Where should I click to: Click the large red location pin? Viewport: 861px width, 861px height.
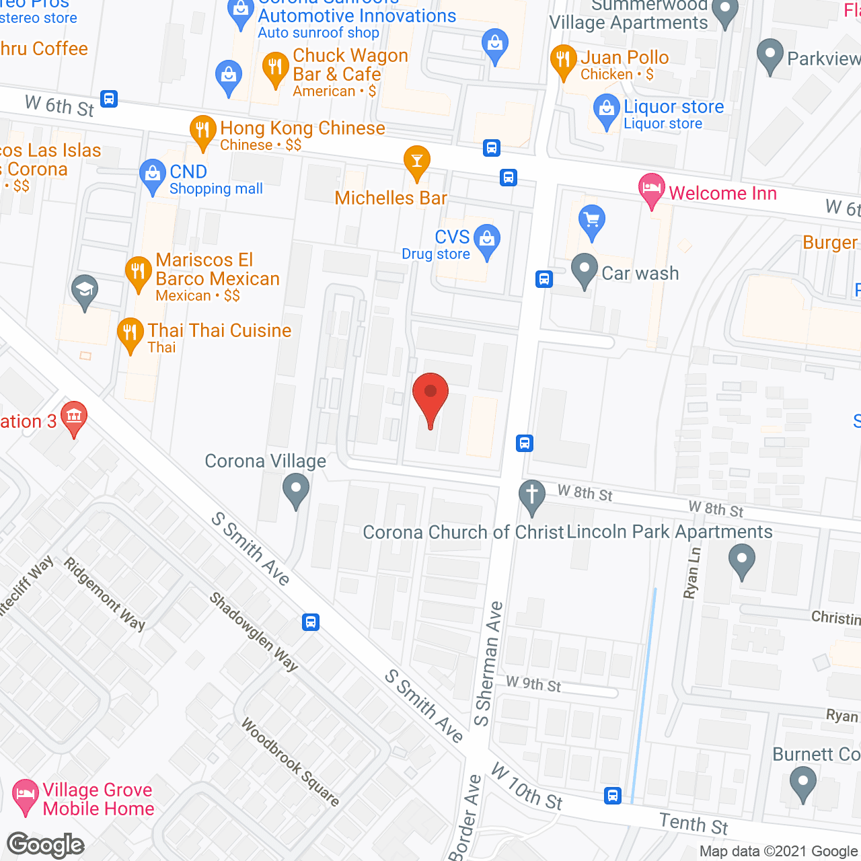pos(430,395)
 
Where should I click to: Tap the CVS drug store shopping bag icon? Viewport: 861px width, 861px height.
pos(486,239)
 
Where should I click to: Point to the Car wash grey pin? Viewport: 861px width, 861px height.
pos(584,269)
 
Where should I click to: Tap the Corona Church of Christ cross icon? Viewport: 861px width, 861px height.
pos(531,495)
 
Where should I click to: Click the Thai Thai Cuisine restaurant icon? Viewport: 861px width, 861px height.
pos(130,333)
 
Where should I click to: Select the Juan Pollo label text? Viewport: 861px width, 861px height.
pos(624,58)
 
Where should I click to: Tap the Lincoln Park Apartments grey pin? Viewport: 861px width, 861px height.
pos(741,560)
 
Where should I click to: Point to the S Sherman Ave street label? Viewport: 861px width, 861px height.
pos(489,664)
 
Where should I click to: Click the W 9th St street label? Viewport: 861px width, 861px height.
pos(533,684)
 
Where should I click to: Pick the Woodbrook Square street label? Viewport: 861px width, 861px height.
pos(290,762)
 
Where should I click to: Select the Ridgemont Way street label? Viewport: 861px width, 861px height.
pos(104,593)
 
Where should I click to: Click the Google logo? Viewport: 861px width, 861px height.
pos(46,844)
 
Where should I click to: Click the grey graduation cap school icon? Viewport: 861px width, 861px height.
pos(85,291)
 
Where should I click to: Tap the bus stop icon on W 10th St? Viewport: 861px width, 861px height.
pos(612,796)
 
